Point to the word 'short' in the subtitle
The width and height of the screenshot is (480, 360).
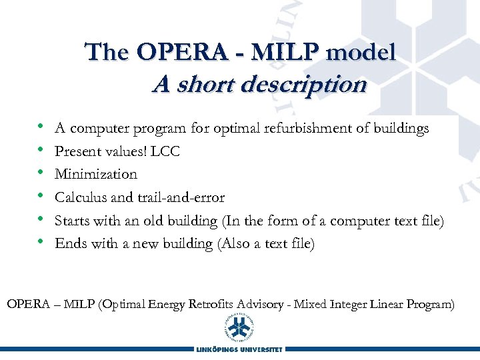[196, 85]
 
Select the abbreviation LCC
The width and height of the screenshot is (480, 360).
[165, 151]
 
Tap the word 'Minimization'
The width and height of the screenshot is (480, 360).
[96, 175]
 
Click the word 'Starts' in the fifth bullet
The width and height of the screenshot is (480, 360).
[72, 221]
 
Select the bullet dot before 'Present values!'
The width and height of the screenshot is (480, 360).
[41, 150]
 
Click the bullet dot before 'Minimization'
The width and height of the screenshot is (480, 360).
[41, 173]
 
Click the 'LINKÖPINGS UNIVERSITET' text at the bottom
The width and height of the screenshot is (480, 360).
[239, 349]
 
